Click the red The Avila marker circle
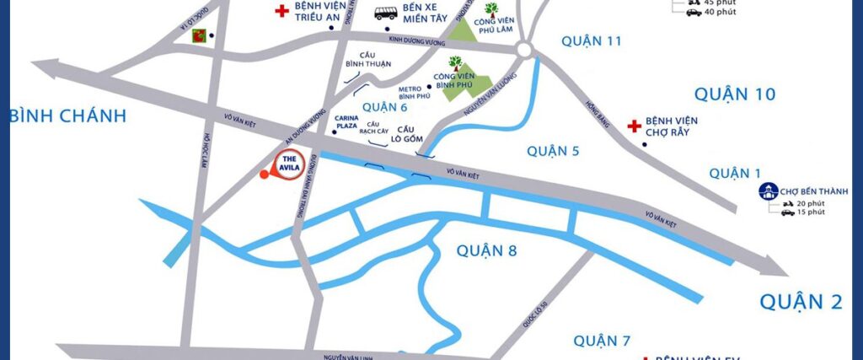point(290,163)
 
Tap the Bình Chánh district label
point(67,116)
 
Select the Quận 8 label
point(486,250)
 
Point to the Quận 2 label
point(801,300)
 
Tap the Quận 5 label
point(553,151)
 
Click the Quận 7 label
point(602,341)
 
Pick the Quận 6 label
point(384,106)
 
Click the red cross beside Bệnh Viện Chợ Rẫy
point(634,126)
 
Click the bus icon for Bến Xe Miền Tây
point(386,13)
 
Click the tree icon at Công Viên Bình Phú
point(455,63)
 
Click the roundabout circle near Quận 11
point(525,51)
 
